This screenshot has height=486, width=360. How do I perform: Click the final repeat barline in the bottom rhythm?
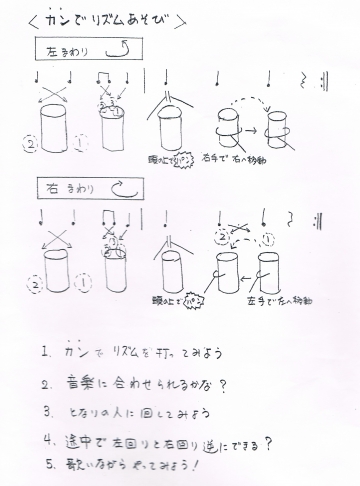(x=318, y=219)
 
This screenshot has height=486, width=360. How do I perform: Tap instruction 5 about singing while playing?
(x=125, y=462)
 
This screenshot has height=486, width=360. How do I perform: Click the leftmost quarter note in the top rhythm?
(x=38, y=77)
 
